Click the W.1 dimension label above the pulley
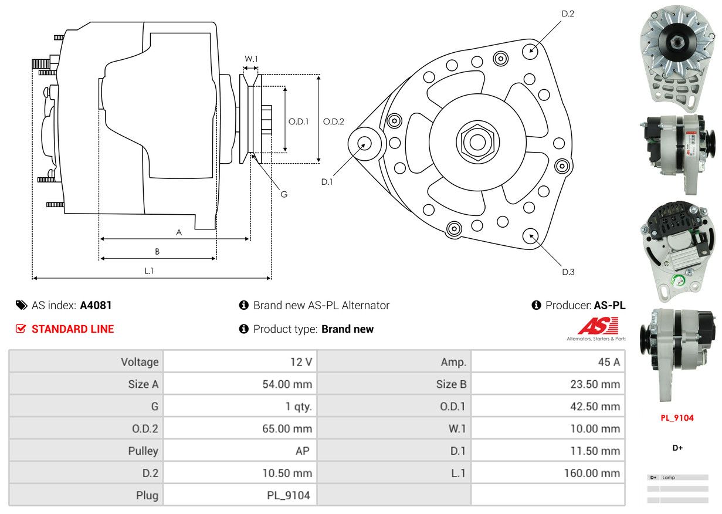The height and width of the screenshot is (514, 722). coord(251,59)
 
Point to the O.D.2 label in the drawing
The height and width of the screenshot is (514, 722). coord(333,121)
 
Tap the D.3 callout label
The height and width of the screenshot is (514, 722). coord(568,272)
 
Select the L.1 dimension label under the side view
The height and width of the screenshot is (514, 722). coord(149,271)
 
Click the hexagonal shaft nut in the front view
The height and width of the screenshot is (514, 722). coord(477,142)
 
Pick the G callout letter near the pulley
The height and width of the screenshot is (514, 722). coord(284,194)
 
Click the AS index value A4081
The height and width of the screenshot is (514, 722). coord(96,305)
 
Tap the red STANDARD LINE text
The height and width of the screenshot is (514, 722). coord(73,329)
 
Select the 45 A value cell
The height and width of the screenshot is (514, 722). coord(609,362)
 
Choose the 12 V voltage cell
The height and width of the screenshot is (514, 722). coord(301,362)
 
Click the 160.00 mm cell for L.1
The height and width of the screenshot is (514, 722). coord(592,473)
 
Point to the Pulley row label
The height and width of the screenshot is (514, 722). coord(143,451)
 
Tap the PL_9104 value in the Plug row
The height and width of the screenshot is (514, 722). coord(289,495)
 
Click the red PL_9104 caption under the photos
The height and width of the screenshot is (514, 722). coord(677,418)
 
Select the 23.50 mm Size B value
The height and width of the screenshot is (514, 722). coord(595,384)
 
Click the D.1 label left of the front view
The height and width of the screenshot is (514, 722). coord(327,182)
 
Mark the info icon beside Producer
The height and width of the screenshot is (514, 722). coord(536,305)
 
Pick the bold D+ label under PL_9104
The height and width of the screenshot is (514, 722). coord(677,448)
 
